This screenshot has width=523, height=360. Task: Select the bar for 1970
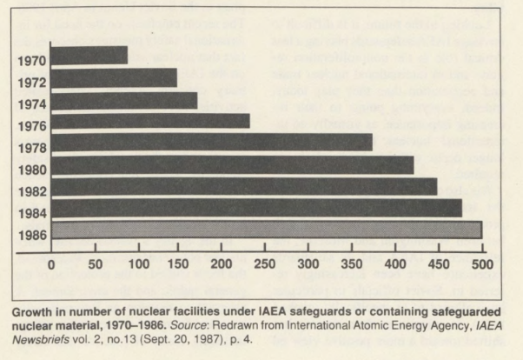point(89,56)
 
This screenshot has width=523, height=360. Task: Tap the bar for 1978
point(211,142)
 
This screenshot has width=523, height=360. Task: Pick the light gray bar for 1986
point(266,230)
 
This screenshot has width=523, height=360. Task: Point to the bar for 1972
point(113,77)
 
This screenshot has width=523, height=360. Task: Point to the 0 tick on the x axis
point(50,262)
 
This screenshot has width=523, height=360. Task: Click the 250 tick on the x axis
point(266,262)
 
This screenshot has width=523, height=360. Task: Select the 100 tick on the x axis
point(136,262)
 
